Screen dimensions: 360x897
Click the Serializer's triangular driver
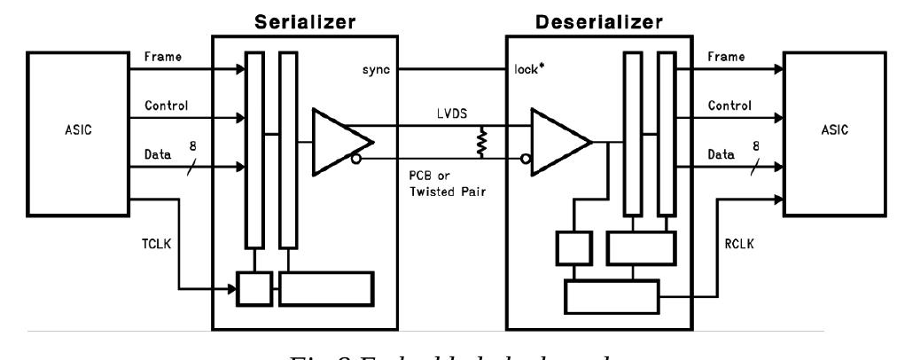341,142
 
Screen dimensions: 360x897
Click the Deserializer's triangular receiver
558,142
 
